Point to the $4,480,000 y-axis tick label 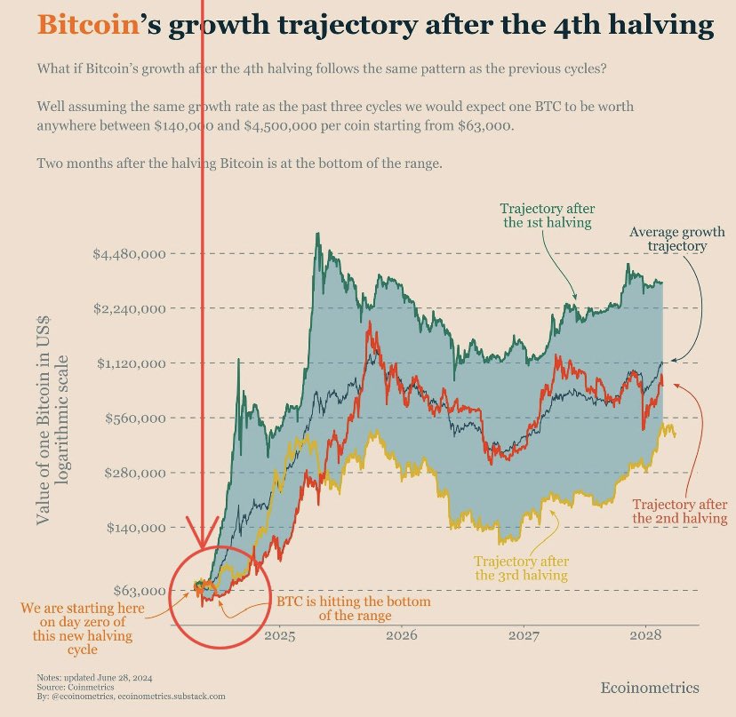131,254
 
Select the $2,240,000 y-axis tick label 131,308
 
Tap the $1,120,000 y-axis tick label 131,363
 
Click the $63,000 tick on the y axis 140,591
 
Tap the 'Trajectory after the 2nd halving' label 680,511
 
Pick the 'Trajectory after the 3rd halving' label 521,568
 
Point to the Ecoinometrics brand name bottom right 649,688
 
